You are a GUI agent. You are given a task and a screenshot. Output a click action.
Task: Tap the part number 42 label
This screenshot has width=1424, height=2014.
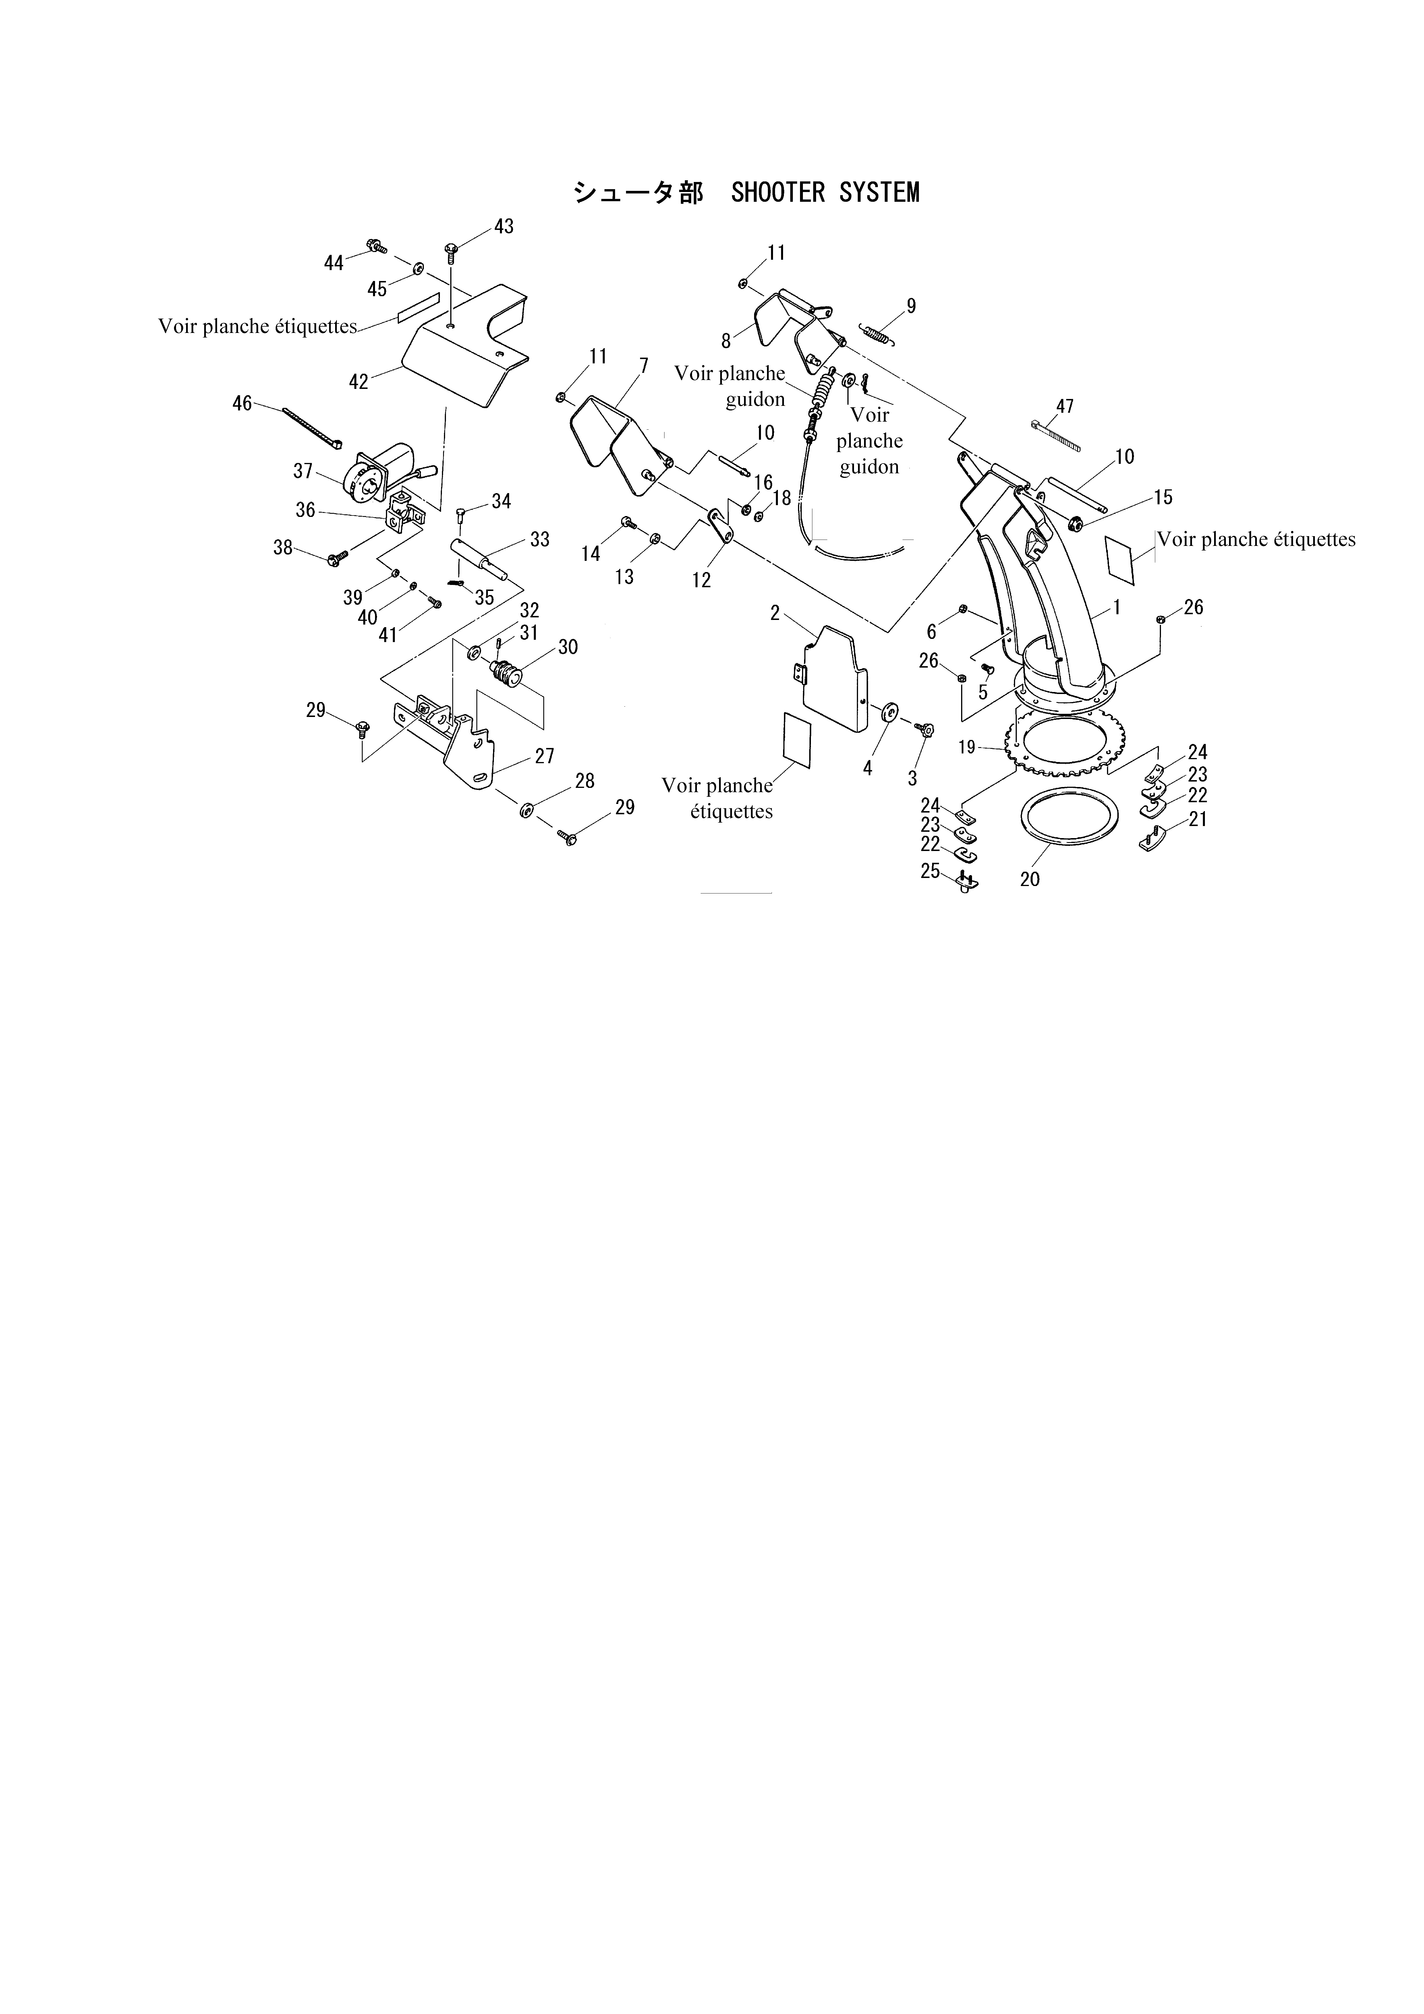[x=359, y=382]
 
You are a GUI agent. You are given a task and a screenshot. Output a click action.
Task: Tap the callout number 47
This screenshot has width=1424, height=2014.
[x=1064, y=406]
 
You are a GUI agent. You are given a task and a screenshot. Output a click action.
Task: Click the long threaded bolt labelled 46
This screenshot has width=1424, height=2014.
[x=312, y=427]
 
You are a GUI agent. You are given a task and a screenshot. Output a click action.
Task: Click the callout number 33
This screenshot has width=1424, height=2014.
[x=540, y=540]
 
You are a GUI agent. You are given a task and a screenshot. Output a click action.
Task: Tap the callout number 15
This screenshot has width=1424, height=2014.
[x=1162, y=497]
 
